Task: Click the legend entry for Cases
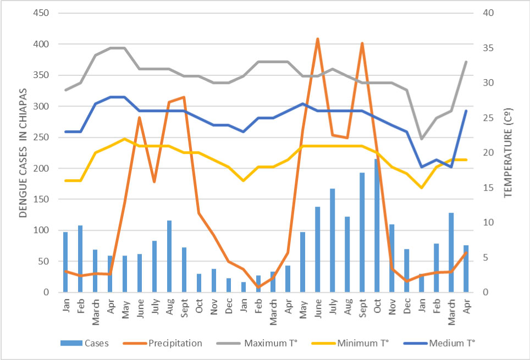[96, 343]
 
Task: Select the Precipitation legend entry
[175, 343]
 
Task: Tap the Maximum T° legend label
[270, 343]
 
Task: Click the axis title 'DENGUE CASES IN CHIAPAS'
[23, 153]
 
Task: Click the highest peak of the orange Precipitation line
[317, 39]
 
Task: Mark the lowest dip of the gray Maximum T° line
[422, 139]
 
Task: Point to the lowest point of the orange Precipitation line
[258, 287]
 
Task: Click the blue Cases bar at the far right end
[466, 269]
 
